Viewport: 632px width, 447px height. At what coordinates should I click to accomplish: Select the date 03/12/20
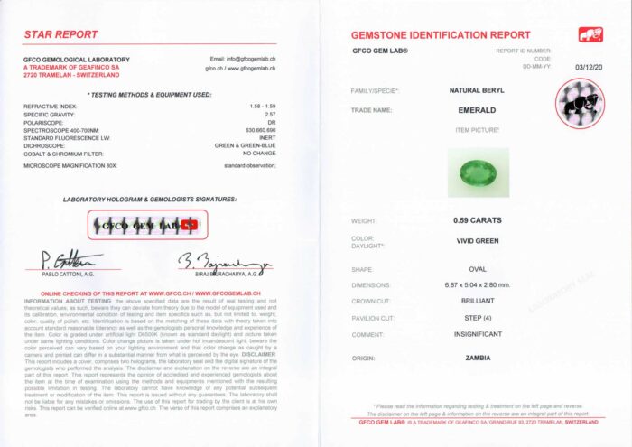588,66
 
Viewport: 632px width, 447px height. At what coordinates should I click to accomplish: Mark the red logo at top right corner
590,34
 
